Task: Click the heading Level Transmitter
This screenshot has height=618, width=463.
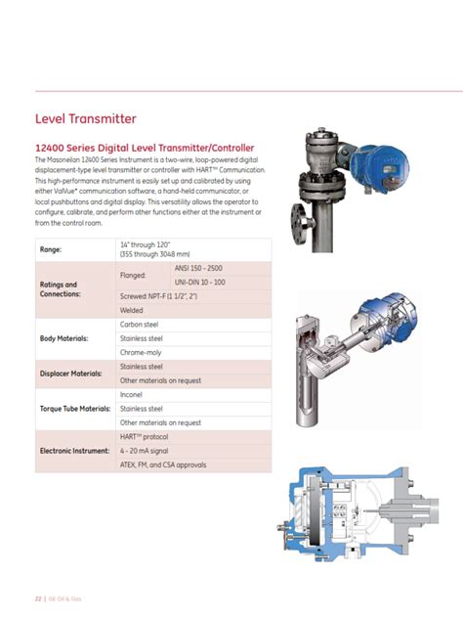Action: click(x=86, y=119)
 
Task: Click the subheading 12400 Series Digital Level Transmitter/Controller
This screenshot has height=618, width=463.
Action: click(x=145, y=148)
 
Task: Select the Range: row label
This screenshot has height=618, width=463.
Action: click(x=50, y=249)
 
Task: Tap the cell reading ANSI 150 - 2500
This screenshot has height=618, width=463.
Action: click(x=198, y=267)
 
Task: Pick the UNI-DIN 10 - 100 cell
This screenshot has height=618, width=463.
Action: click(x=199, y=282)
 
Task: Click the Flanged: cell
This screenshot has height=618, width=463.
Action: click(x=133, y=275)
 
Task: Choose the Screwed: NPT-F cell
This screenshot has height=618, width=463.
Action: click(x=159, y=295)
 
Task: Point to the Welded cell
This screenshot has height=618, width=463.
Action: click(x=131, y=310)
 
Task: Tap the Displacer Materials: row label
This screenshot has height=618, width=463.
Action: click(x=70, y=373)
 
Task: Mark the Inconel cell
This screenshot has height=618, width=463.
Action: click(x=131, y=394)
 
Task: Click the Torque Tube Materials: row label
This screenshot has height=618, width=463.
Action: click(x=74, y=408)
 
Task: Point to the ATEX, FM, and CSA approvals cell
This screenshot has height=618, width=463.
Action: click(x=163, y=464)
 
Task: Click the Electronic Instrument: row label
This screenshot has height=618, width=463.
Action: click(x=74, y=451)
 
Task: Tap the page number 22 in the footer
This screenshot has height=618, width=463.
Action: click(x=38, y=596)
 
